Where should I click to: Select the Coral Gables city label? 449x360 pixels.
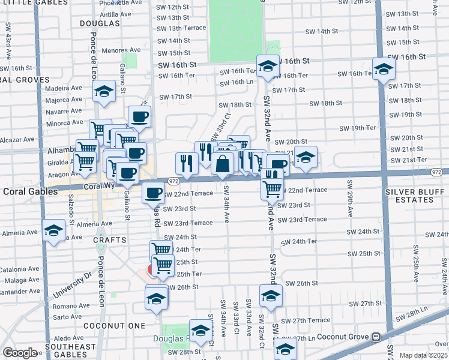point(28,192)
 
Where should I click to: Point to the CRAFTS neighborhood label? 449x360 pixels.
point(110,240)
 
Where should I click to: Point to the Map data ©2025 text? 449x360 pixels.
point(423,355)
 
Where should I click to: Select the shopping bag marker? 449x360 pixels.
point(222,163)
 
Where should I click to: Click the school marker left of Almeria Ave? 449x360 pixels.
point(53,230)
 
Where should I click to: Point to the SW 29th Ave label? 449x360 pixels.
point(348,206)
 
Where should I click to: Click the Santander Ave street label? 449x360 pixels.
point(20,292)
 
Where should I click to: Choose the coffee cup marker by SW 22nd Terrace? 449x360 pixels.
point(152,193)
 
